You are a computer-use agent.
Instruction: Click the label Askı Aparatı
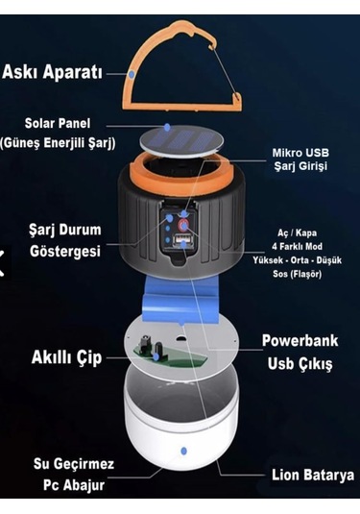(52, 72)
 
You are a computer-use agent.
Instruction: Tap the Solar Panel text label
(58, 124)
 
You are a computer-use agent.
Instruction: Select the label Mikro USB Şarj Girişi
(300, 159)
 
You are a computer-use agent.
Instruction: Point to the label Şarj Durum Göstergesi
(65, 240)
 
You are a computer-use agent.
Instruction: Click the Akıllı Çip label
(67, 357)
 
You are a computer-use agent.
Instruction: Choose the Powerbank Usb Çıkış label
(300, 352)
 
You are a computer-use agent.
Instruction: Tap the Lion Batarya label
(313, 475)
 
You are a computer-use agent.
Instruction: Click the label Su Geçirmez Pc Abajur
(74, 475)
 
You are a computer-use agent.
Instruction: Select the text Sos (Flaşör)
(297, 274)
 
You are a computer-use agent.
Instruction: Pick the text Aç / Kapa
(297, 233)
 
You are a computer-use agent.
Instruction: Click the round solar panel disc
(181, 141)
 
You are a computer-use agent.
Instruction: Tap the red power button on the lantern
(183, 226)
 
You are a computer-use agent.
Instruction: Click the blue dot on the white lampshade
(183, 451)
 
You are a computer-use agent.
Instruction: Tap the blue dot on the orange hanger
(132, 74)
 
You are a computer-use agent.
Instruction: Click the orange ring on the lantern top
(181, 174)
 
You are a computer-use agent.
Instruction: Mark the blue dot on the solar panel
(167, 128)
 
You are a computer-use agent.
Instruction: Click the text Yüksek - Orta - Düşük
(297, 260)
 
